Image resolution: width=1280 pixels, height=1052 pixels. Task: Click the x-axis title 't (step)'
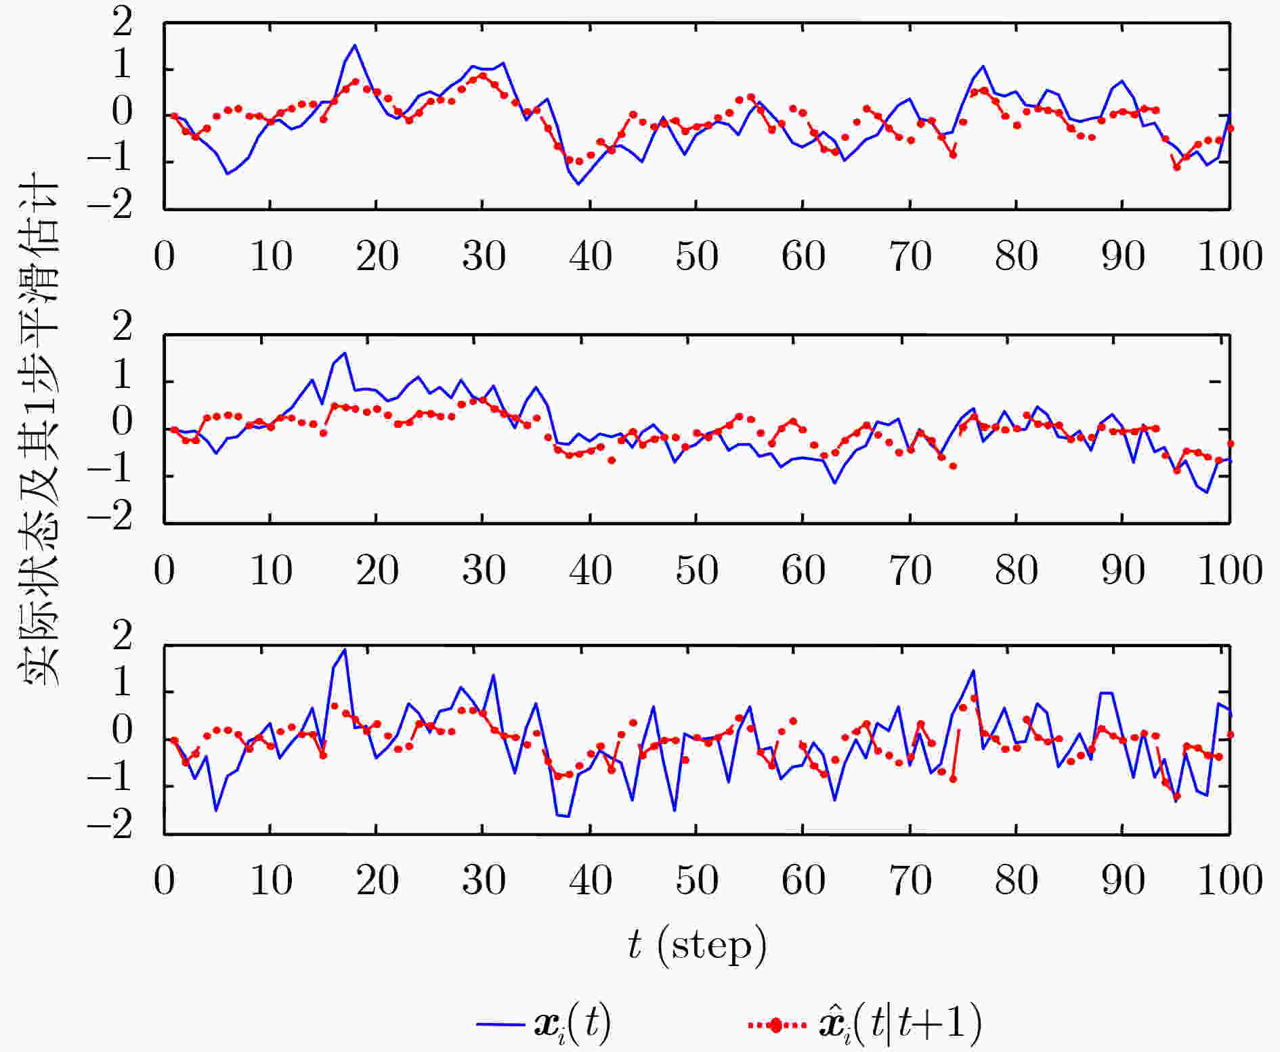tap(697, 946)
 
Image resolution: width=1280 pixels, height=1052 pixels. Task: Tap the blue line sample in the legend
tap(500, 1024)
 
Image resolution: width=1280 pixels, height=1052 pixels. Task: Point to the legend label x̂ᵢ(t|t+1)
tap(901, 1023)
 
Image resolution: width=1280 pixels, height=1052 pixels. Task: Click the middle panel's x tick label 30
tap(484, 571)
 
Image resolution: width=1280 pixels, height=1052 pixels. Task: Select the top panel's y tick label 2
tap(123, 24)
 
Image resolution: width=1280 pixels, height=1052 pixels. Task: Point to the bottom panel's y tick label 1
tap(123, 684)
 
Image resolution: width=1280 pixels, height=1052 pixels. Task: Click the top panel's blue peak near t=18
tap(355, 45)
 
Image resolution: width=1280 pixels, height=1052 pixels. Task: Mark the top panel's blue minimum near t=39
tap(578, 184)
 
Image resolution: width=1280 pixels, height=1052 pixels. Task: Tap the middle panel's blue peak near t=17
tap(345, 353)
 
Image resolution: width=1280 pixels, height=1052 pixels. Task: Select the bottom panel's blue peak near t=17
tap(345, 650)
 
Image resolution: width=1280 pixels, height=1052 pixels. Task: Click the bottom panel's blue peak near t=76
tap(973, 671)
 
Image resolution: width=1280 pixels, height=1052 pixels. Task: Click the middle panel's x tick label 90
tap(1123, 571)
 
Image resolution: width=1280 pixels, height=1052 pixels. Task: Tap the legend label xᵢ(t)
tap(572, 1023)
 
